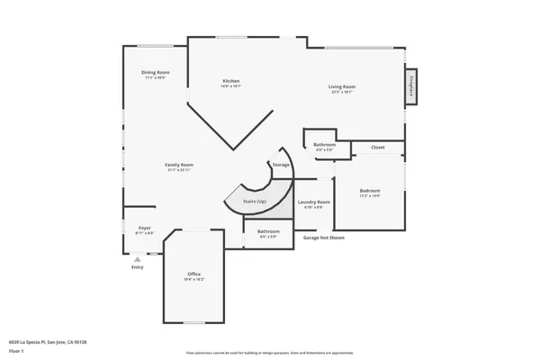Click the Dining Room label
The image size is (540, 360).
(156, 72)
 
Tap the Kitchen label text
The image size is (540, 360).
(231, 81)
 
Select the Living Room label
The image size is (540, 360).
(342, 86)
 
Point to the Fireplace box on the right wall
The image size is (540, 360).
(411, 86)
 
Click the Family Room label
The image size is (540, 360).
(178, 165)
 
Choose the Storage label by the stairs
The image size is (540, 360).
(281, 165)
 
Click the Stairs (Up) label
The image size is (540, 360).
(255, 201)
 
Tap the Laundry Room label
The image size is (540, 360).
(313, 202)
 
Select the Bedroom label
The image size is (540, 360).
(370, 190)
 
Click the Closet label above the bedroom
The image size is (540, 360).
(378, 147)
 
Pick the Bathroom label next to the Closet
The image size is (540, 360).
(324, 145)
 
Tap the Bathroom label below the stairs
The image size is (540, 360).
(268, 231)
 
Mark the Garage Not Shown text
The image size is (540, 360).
(324, 238)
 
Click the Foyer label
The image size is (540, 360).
(144, 229)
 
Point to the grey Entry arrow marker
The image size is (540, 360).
(137, 258)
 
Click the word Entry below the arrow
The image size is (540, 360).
(137, 266)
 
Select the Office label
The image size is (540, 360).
(193, 274)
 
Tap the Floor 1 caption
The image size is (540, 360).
(16, 350)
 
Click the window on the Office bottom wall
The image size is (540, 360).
(193, 321)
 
